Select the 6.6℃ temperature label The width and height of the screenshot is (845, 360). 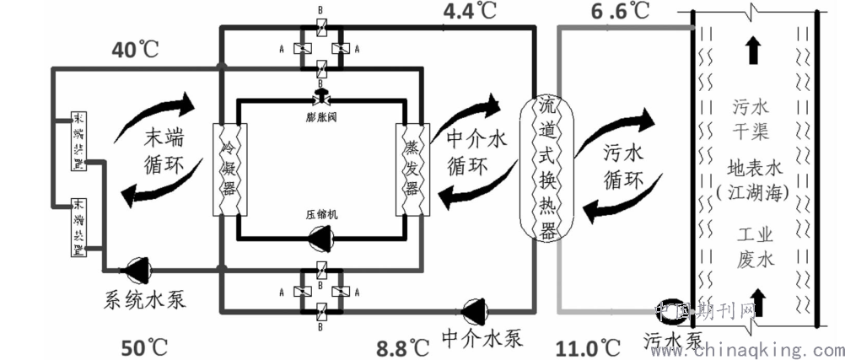pyautogui.click(x=619, y=12)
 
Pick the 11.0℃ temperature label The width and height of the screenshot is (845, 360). pyautogui.click(x=589, y=346)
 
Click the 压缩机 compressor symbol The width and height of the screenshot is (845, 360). pyautogui.click(x=321, y=239)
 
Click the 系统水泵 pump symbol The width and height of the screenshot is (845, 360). pyautogui.click(x=137, y=271)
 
